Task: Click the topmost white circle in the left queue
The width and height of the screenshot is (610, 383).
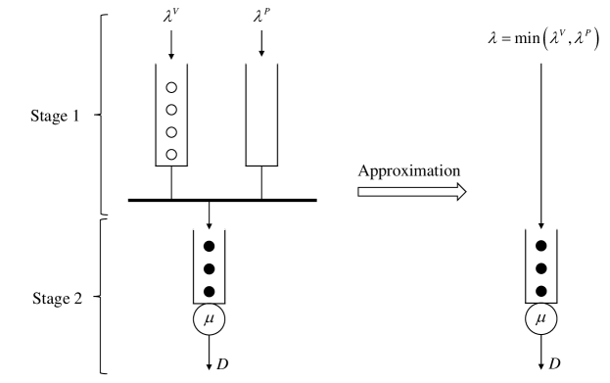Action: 170,83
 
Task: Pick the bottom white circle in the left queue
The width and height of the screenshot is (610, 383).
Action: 170,154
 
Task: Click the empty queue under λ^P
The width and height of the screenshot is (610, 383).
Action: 260,118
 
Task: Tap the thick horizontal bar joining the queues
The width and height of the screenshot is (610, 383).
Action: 222,200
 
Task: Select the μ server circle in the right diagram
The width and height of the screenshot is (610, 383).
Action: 540,320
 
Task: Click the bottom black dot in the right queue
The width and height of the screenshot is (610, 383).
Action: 540,291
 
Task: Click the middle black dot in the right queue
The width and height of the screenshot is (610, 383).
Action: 540,268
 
